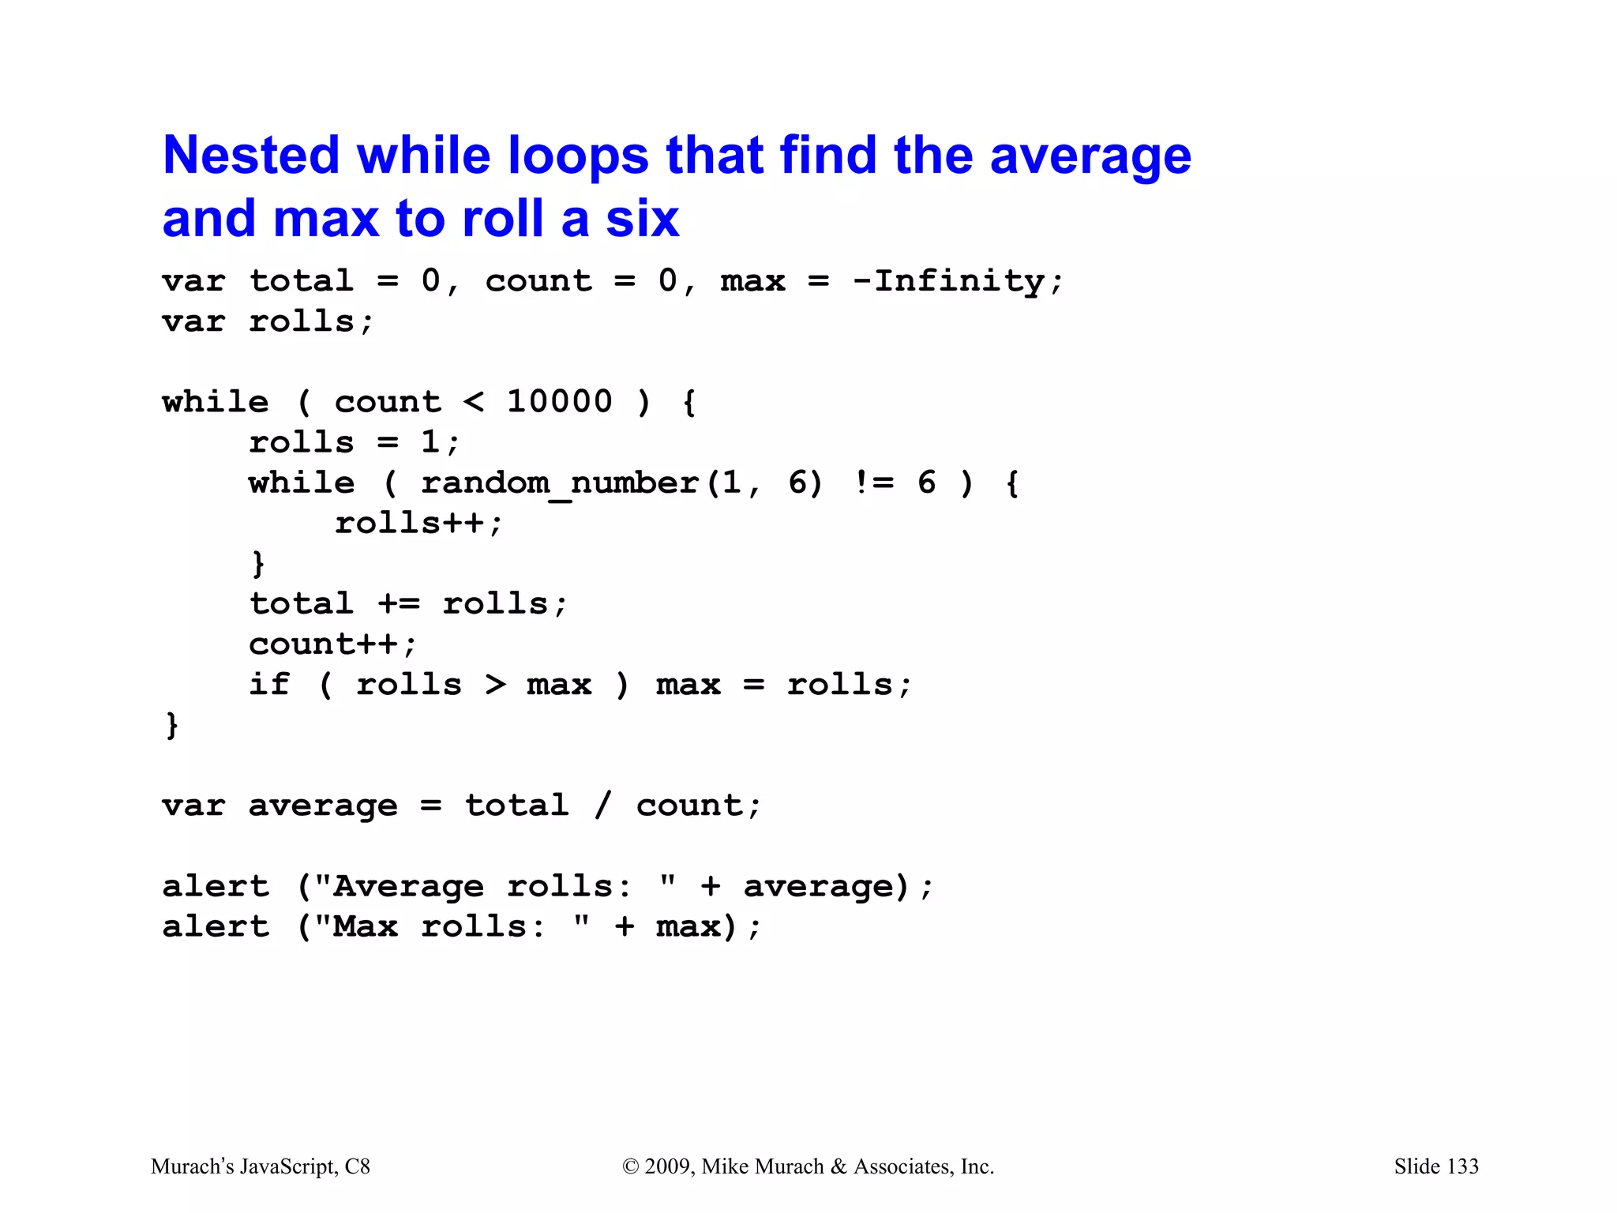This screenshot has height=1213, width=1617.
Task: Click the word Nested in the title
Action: click(250, 156)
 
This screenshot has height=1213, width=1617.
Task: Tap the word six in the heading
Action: click(642, 219)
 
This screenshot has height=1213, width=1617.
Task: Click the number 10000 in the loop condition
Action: click(559, 402)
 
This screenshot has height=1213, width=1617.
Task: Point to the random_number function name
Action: click(559, 483)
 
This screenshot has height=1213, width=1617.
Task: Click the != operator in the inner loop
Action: click(874, 483)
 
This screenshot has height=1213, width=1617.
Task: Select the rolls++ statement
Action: click(418, 524)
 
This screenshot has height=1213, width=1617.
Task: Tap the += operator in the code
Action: click(399, 604)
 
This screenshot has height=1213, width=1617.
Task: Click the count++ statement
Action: click(332, 644)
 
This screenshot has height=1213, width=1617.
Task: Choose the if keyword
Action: click(269, 685)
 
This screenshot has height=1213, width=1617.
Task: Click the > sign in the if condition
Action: click(495, 685)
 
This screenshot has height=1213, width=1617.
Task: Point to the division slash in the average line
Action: click(603, 806)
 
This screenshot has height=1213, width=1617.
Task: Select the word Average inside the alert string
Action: click(408, 887)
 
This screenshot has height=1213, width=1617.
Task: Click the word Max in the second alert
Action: click(365, 927)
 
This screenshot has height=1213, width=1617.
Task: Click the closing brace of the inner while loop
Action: click(258, 564)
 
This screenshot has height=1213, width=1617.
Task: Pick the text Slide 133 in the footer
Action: click(1435, 1166)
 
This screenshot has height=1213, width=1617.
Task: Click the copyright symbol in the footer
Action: click(630, 1166)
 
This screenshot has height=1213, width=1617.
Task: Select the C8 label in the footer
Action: click(357, 1166)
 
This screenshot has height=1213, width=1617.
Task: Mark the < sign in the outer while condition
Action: click(473, 402)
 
